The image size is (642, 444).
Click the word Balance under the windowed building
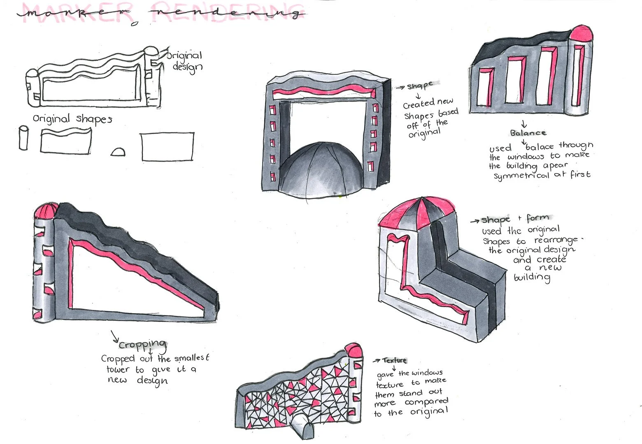coord(528,133)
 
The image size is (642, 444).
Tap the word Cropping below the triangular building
coord(143,344)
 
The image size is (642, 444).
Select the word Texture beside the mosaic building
coord(394,361)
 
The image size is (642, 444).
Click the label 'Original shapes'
coord(72,119)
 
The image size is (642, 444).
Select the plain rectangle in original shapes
coord(167,146)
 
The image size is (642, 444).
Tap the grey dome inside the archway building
coord(321,169)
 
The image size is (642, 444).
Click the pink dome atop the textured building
coord(353,351)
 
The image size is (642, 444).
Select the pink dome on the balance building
coord(581,33)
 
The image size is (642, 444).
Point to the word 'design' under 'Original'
coord(187,67)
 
